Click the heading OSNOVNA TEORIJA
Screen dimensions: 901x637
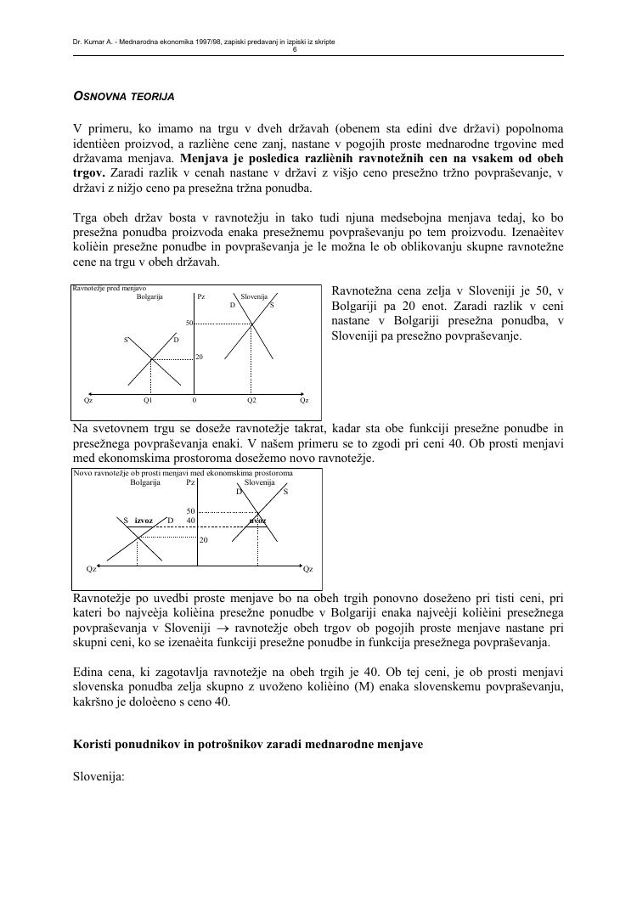click(x=124, y=97)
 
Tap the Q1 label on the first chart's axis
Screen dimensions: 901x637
click(x=148, y=399)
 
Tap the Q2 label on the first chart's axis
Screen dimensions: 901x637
click(x=251, y=399)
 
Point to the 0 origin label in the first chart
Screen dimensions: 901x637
click(x=194, y=399)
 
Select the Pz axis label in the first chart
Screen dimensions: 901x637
click(x=200, y=296)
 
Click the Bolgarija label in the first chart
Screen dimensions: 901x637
click(x=149, y=296)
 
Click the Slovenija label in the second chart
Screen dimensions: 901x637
click(x=259, y=482)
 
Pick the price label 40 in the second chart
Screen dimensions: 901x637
click(x=191, y=521)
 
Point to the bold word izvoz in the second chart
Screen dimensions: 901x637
click(x=144, y=521)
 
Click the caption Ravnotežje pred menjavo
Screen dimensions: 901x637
click(x=110, y=289)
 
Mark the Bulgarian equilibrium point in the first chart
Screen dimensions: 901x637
click(x=151, y=359)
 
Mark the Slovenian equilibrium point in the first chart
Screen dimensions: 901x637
click(x=251, y=324)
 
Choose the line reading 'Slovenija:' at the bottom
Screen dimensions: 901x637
click(x=99, y=774)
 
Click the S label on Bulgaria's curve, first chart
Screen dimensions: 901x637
click(x=126, y=341)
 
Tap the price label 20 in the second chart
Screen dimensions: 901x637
click(x=204, y=540)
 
